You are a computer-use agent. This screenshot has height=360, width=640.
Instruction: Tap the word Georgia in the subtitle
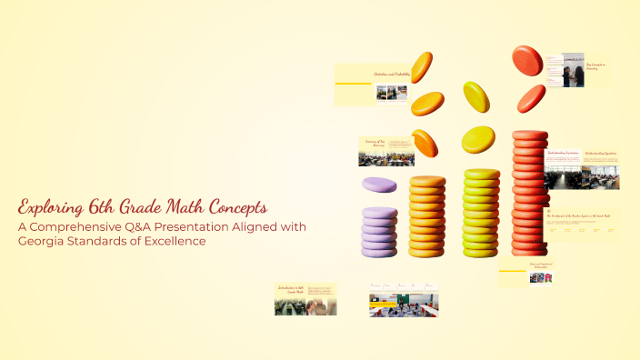pyautogui.click(x=43, y=241)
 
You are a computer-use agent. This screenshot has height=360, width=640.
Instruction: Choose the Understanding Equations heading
pyautogui.click(x=600, y=154)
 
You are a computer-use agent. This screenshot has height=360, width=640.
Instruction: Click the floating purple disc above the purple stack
pyautogui.click(x=379, y=185)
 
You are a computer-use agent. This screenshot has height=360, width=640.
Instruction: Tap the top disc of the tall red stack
pyautogui.click(x=530, y=135)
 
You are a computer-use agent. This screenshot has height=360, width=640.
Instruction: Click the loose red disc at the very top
pyautogui.click(x=526, y=60)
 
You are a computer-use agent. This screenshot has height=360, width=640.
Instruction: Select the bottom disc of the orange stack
pyautogui.click(x=426, y=251)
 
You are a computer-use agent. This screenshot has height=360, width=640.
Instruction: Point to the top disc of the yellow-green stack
pyautogui.click(x=482, y=174)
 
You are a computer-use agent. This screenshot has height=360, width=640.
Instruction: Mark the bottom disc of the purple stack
pyautogui.click(x=379, y=251)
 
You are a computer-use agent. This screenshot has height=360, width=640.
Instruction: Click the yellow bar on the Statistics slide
pyautogui.click(x=354, y=84)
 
